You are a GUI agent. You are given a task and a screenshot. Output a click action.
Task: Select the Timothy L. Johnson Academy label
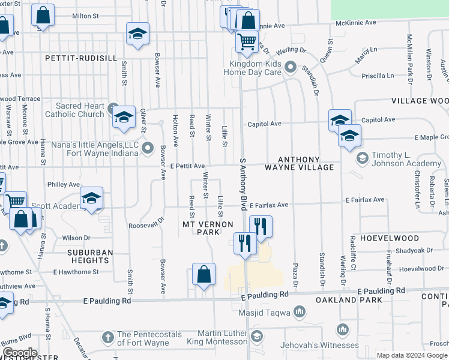point(406,159)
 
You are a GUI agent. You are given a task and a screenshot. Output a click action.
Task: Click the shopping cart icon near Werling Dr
point(247,41)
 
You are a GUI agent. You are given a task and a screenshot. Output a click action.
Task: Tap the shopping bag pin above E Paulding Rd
point(204,274)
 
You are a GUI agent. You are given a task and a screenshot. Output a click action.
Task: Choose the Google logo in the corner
point(19,353)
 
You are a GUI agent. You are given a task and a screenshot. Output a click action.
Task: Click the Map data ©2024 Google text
point(411,355)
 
